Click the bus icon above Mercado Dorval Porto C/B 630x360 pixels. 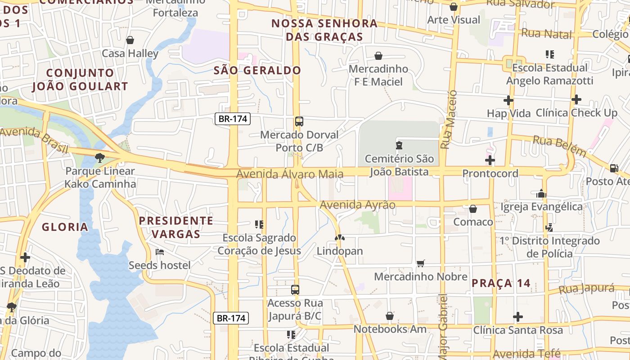(x=299, y=121)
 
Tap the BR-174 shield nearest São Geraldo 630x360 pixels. (x=232, y=119)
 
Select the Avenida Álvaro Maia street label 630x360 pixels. (x=290, y=174)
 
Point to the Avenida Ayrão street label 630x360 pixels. (x=357, y=205)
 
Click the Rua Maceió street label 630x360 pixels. (x=448, y=120)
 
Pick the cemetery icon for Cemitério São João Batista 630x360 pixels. (x=399, y=145)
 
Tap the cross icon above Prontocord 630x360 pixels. (x=490, y=160)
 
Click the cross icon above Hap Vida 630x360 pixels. (x=508, y=100)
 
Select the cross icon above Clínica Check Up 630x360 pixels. (x=576, y=99)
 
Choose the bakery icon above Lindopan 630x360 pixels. (x=340, y=237)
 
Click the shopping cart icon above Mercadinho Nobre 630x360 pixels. (x=421, y=263)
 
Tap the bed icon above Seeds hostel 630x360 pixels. (x=159, y=252)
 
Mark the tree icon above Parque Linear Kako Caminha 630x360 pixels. (x=99, y=157)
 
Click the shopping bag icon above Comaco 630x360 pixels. (x=473, y=209)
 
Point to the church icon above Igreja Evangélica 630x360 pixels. (x=541, y=193)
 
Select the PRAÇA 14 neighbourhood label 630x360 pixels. (x=501, y=283)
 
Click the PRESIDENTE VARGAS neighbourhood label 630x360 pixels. (x=176, y=227)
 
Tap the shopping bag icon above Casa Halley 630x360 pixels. (x=130, y=40)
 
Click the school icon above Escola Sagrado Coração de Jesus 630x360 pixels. (x=259, y=224)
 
